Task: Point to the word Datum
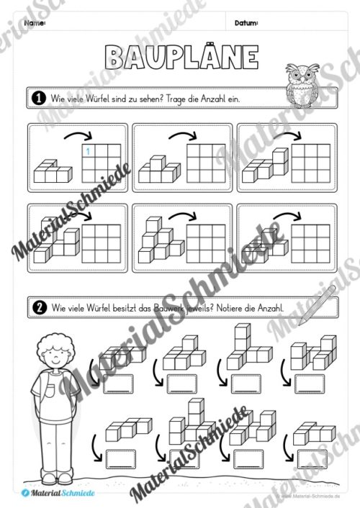pos(246,24)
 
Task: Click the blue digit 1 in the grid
pos(88,151)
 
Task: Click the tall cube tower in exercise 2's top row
pos(241,345)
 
